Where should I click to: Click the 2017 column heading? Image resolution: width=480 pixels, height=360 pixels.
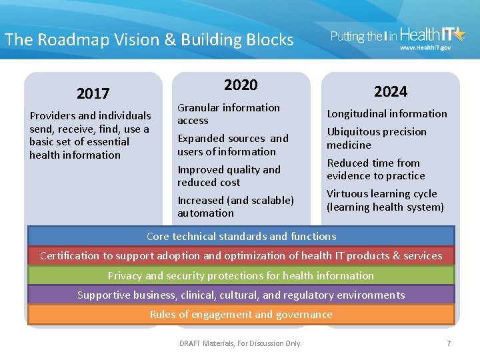point(93,93)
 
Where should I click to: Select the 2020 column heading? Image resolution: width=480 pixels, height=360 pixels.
point(241,85)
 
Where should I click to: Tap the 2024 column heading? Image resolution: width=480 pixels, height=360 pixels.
point(390,91)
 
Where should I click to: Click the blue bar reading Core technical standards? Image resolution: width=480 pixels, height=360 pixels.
point(241,236)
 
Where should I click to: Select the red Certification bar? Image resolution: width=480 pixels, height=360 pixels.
point(241,255)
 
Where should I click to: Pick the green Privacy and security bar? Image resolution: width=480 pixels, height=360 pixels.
point(241,275)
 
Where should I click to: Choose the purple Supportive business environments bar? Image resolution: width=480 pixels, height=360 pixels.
point(241,295)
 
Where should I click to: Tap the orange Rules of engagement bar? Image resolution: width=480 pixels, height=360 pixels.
point(241,315)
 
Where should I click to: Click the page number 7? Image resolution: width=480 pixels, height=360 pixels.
point(449,343)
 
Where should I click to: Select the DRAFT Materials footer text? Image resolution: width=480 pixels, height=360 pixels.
point(240,343)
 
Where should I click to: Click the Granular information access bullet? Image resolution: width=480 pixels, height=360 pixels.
point(228,114)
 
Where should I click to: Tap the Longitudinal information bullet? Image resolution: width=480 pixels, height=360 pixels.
point(387,114)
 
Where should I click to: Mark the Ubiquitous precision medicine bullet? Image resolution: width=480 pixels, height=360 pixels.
point(376,138)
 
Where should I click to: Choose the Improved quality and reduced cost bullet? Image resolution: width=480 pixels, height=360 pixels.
point(228,176)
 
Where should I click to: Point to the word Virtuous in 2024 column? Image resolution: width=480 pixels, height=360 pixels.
point(348,194)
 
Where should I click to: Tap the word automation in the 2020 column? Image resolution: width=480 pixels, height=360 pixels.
point(205,213)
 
